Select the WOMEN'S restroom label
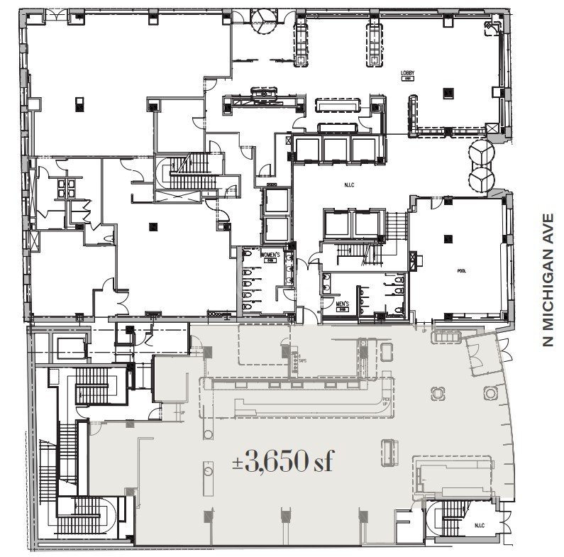[270, 254]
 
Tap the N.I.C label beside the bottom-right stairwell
[480, 526]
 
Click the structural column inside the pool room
[447, 239]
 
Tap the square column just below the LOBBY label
[447, 92]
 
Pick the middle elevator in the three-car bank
[333, 148]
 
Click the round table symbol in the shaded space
[489, 392]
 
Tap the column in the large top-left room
[79, 104]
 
